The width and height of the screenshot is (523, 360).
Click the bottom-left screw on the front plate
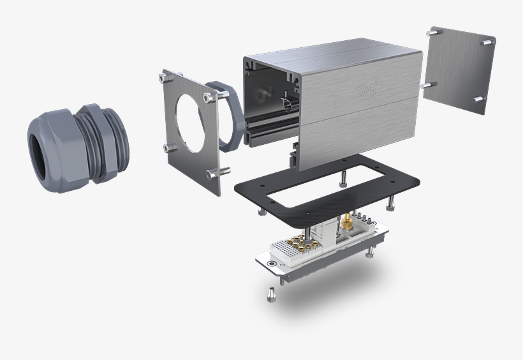click(x=167, y=148)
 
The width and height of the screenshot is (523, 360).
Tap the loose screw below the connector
click(x=269, y=295)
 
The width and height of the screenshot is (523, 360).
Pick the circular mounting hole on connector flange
click(x=273, y=262)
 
